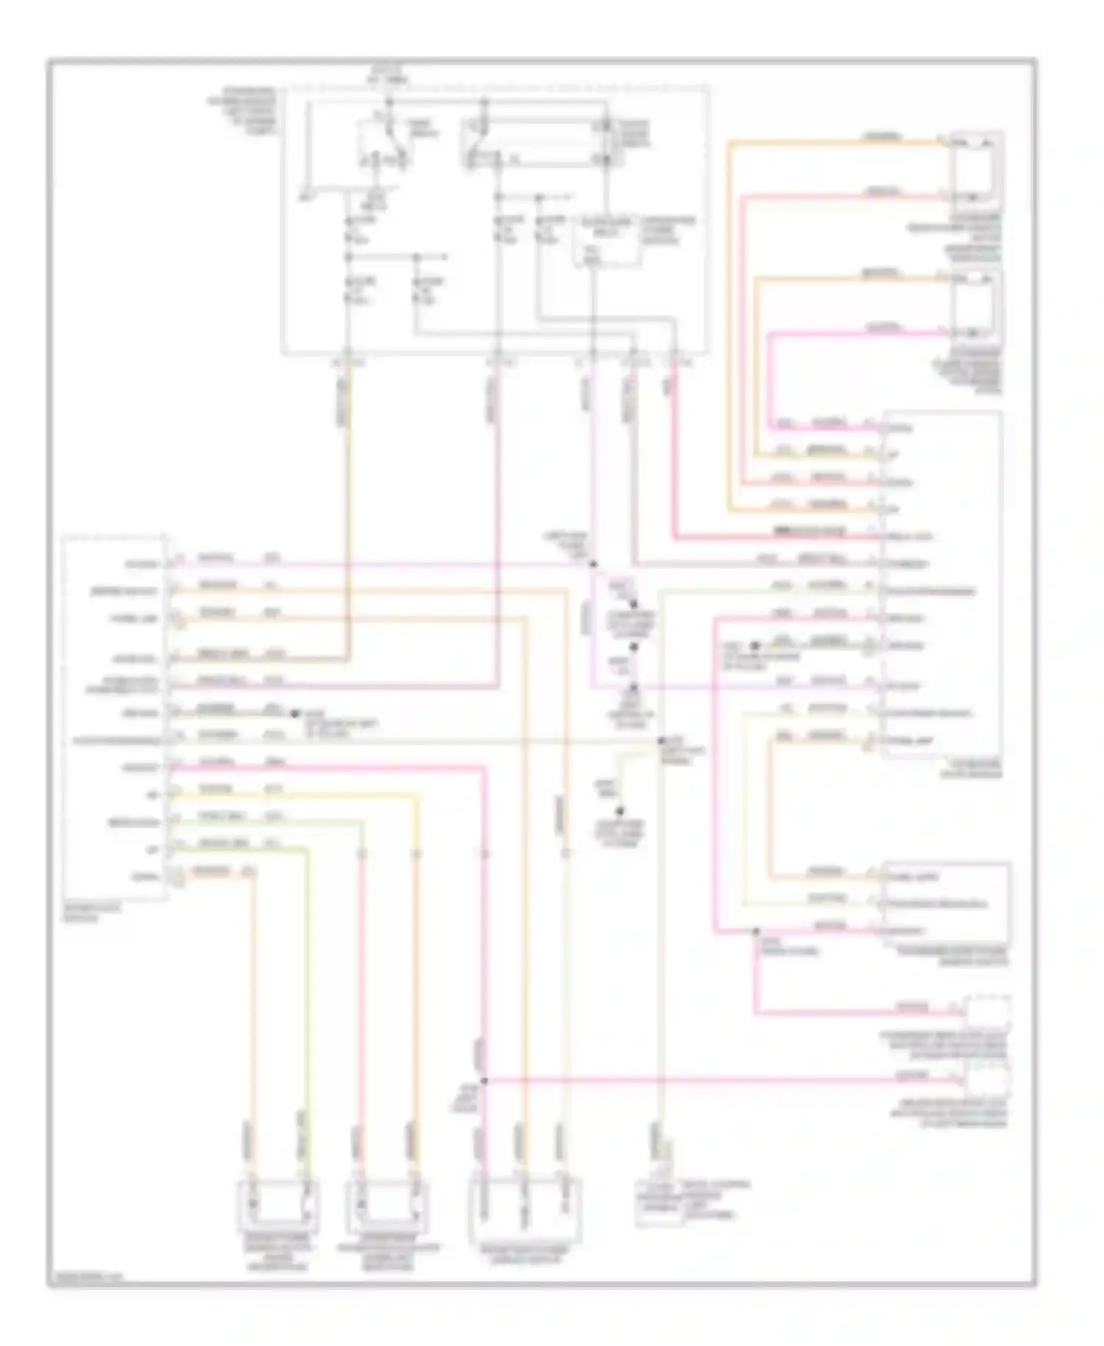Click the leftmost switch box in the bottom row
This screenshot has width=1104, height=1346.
coord(277,1206)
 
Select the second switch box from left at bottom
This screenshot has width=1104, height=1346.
coord(386,1206)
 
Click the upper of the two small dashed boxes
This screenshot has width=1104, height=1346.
coord(987,1013)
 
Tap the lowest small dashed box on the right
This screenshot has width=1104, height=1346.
coord(987,1079)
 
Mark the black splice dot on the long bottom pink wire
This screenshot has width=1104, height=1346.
coord(484,1081)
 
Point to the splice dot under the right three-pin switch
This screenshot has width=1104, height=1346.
coord(756,932)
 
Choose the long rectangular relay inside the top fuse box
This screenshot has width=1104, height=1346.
coord(537,145)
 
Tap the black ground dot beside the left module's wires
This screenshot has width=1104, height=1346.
coord(294,713)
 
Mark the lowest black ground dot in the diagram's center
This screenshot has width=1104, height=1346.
coord(620,809)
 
